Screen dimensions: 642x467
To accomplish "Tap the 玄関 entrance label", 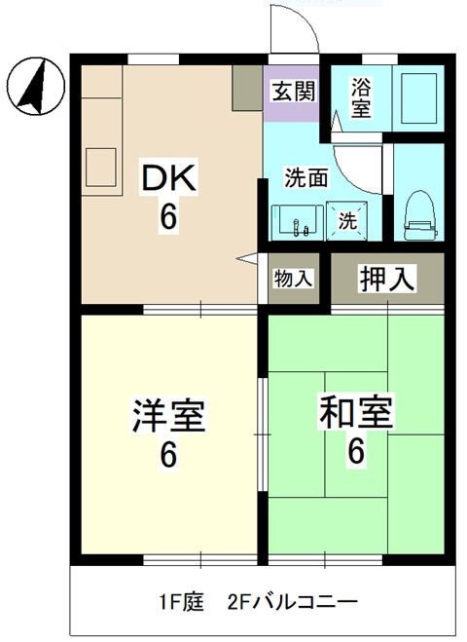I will [292, 92].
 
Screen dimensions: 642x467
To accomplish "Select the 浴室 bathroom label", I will [360, 96].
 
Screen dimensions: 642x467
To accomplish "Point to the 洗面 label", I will [305, 178].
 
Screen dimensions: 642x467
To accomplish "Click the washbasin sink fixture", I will [297, 222].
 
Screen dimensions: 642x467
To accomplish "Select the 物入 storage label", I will [293, 279].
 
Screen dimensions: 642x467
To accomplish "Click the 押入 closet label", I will [388, 279].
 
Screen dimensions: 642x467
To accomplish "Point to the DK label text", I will [170, 178].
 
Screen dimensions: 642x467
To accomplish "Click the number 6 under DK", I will [169, 217].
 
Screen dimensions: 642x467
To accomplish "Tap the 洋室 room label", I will [168, 416].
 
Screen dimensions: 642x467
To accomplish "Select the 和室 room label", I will [356, 413].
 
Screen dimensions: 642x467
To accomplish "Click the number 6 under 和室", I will [356, 451].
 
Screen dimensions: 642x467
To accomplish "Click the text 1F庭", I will [179, 602].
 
